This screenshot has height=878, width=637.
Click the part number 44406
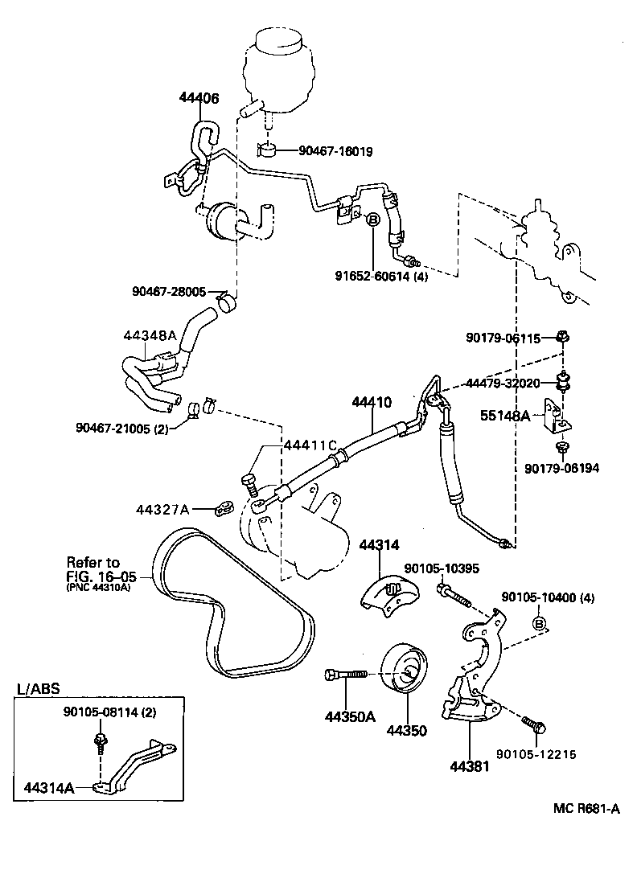(x=199, y=98)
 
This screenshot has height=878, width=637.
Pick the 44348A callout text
(x=150, y=335)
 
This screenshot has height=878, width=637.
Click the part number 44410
(x=371, y=400)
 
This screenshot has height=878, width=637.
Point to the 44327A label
(x=162, y=509)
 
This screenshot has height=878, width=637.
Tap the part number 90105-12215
(x=536, y=753)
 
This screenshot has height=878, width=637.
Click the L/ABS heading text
(x=38, y=689)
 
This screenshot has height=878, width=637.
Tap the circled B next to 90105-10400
(x=540, y=623)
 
